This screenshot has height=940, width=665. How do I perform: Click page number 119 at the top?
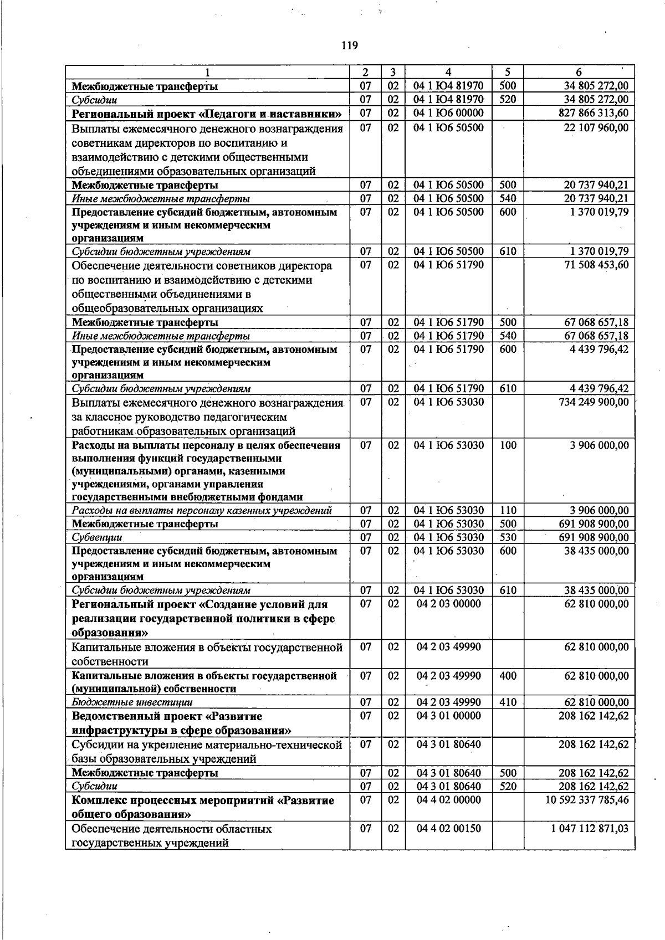pyautogui.click(x=350, y=45)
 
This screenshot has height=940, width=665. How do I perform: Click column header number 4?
pyautogui.click(x=448, y=72)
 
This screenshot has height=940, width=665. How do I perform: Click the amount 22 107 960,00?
pyautogui.click(x=596, y=127)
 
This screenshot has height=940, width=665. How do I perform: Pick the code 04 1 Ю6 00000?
pyautogui.click(x=448, y=113)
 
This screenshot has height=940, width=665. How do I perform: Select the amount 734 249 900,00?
pyautogui.click(x=594, y=402)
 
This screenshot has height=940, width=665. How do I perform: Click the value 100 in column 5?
pyautogui.click(x=508, y=445)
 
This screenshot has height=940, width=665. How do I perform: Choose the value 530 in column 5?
pyautogui.click(x=508, y=537)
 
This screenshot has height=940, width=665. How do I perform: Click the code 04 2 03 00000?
pyautogui.click(x=448, y=604)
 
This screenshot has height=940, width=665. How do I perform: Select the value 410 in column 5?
pyautogui.click(x=508, y=702)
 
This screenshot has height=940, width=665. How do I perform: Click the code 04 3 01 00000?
pyautogui.click(x=448, y=716)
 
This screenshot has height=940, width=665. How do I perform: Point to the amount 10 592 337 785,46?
pyautogui.click(x=589, y=800)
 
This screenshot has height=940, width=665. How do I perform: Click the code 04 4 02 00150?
pyautogui.click(x=448, y=828)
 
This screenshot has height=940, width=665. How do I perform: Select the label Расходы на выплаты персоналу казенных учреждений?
pyautogui.click(x=202, y=511)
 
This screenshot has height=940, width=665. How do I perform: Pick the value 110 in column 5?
pyautogui.click(x=508, y=511)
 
